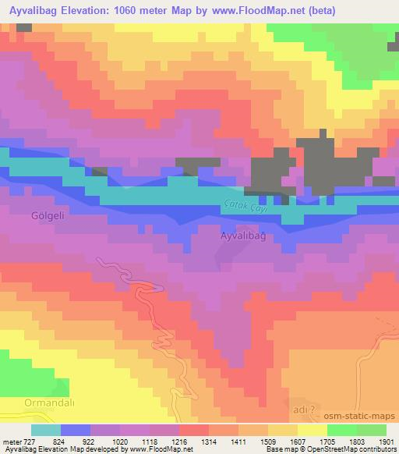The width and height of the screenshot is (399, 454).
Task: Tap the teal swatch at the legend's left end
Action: click(x=46, y=429)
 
